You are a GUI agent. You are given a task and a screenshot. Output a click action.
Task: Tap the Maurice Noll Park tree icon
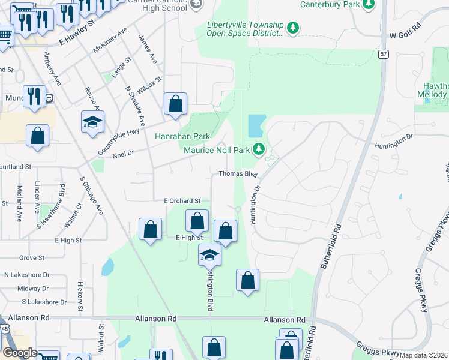259,148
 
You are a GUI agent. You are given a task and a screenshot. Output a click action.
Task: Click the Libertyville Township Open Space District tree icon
293,28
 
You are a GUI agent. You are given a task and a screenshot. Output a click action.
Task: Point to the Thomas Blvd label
238,174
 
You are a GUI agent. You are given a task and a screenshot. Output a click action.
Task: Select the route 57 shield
383,54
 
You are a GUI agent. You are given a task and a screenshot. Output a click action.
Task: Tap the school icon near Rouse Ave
92,122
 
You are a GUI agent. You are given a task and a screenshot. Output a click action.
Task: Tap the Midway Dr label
29,289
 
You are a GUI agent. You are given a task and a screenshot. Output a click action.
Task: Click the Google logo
19,353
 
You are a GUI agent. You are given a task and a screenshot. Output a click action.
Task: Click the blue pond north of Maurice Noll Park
255,125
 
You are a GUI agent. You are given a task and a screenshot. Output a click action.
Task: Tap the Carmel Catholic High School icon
196,5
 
